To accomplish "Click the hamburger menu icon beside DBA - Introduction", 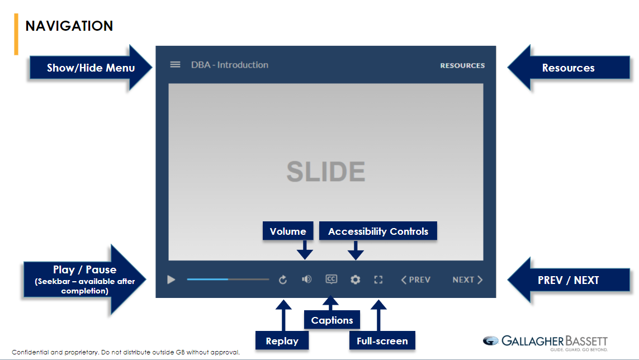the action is pyautogui.click(x=175, y=64).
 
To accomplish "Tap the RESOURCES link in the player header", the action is pyautogui.click(x=462, y=65).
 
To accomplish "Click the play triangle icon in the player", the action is pyautogui.click(x=171, y=280).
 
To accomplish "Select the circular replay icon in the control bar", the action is pyautogui.click(x=283, y=280).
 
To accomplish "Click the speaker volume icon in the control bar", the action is pyautogui.click(x=306, y=280).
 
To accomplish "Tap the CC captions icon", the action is pyautogui.click(x=332, y=280).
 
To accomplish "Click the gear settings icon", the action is pyautogui.click(x=356, y=280).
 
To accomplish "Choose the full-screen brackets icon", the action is pyautogui.click(x=378, y=280).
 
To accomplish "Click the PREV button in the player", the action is pyautogui.click(x=416, y=280).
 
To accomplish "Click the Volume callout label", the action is pyautogui.click(x=288, y=231).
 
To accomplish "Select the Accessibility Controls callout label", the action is pyautogui.click(x=378, y=231).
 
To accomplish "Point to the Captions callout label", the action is pyautogui.click(x=332, y=320).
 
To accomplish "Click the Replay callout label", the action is pyautogui.click(x=282, y=340).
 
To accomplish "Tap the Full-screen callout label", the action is pyautogui.click(x=382, y=340).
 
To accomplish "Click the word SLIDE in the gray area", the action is pyautogui.click(x=325, y=172).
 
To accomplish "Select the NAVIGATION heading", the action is pyautogui.click(x=69, y=26).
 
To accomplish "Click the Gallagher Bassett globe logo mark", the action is pyautogui.click(x=491, y=341).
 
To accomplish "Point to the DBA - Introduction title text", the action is pyautogui.click(x=230, y=65).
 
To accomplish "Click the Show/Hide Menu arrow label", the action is pyautogui.click(x=91, y=68).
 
